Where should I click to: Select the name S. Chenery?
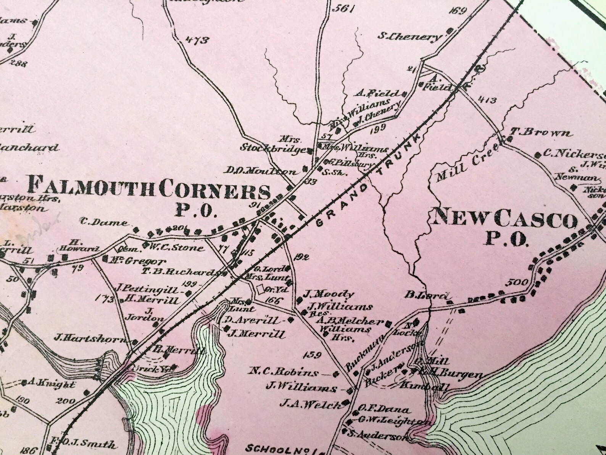tap(410, 37)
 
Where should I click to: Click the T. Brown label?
tap(542, 133)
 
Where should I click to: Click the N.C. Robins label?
tap(284, 372)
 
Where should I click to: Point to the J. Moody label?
tap(329, 294)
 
